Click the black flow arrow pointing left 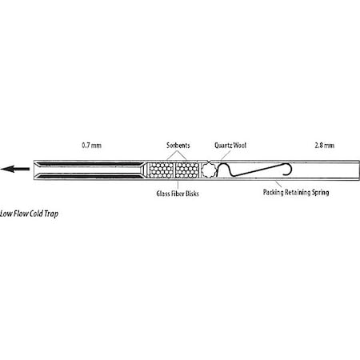click(15, 169)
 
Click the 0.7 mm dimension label click(91, 146)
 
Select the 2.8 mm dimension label click(324, 146)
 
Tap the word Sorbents click(178, 146)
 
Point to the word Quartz click(222, 146)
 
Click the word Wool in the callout click(239, 146)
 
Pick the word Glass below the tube click(162, 194)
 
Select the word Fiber click(178, 194)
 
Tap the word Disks click(192, 194)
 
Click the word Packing click(273, 192)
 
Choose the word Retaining click(298, 192)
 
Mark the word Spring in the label click(321, 193)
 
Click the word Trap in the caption click(51, 214)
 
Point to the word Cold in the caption click(36, 214)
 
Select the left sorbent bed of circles click(161, 170)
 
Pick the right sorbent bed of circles click(187, 170)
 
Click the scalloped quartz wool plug click(209, 170)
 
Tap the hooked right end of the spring click(290, 170)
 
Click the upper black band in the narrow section click(90, 164)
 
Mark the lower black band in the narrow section click(90, 176)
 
